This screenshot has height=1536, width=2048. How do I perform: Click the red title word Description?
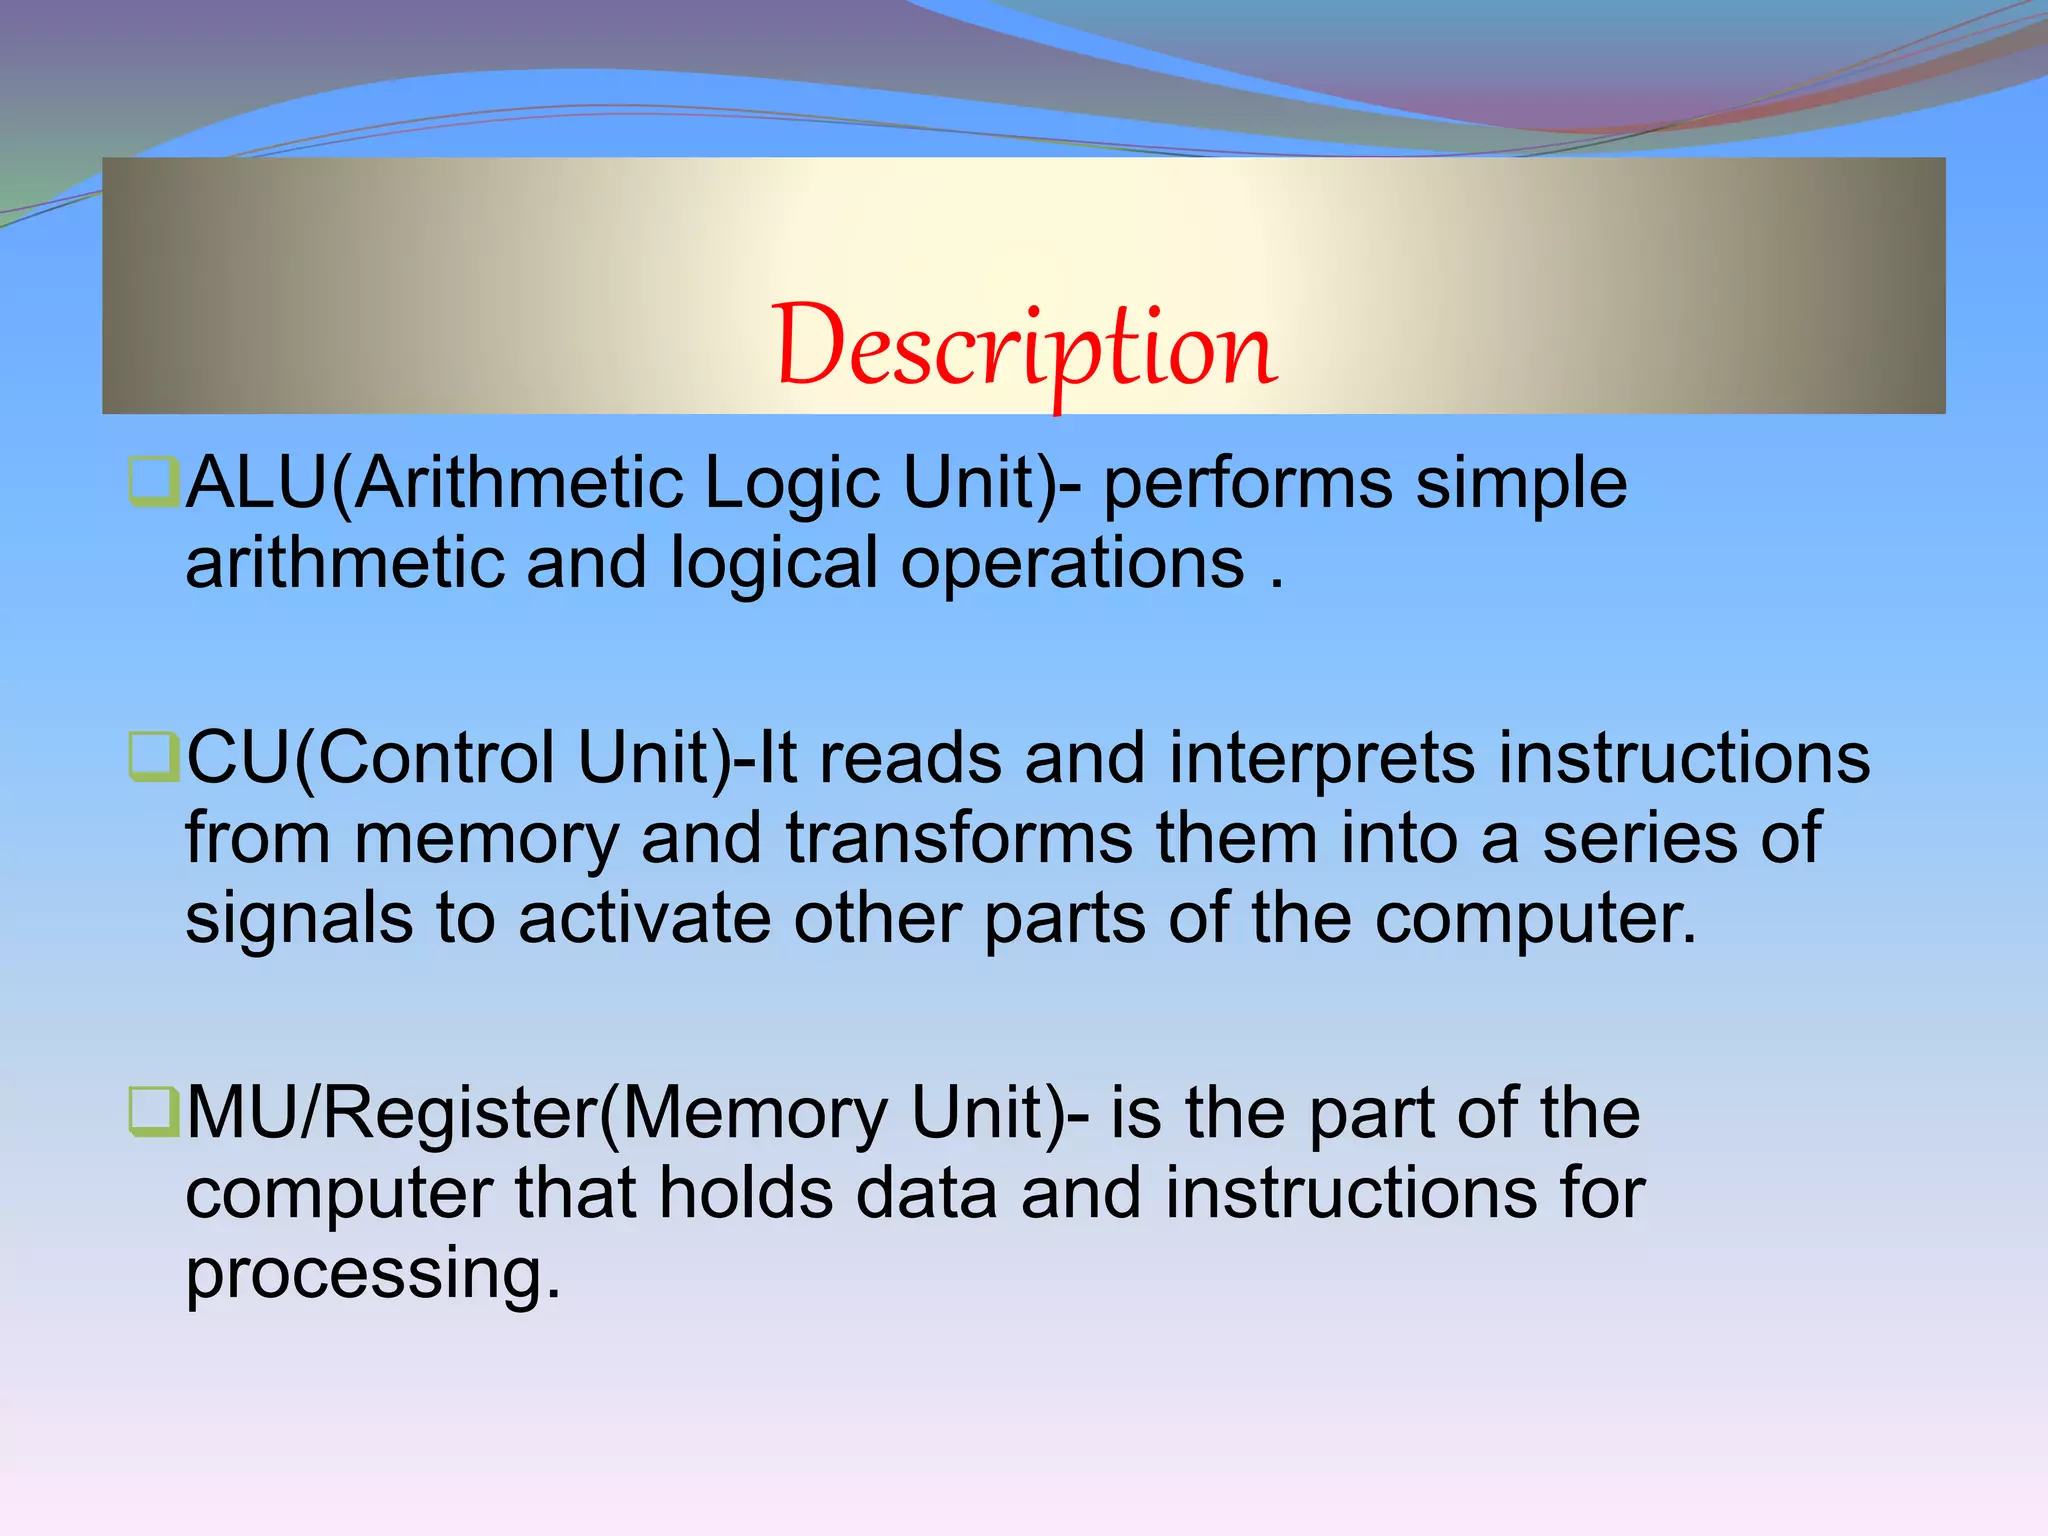(1024, 348)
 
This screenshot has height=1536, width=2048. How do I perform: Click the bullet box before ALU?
(154, 482)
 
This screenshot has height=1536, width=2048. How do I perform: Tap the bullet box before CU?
(154, 757)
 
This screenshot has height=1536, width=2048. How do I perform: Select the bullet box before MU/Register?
(154, 1112)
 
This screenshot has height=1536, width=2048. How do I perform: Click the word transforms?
(959, 838)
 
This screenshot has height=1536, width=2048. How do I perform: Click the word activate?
(644, 918)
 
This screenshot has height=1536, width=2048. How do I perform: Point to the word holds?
(746, 1193)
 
